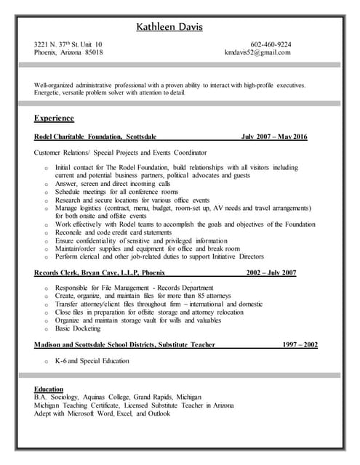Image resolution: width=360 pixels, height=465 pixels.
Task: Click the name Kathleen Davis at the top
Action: (x=169, y=28)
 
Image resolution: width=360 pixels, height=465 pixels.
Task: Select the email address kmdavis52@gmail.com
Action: (x=257, y=53)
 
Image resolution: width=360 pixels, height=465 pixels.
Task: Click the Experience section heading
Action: (x=54, y=117)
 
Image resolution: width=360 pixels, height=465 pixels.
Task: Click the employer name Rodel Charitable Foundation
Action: (x=77, y=137)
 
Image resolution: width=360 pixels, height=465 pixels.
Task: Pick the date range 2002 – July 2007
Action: (x=271, y=272)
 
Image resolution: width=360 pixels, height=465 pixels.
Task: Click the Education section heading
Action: (x=49, y=389)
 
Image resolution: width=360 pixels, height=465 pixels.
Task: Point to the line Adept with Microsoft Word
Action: (x=102, y=414)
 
